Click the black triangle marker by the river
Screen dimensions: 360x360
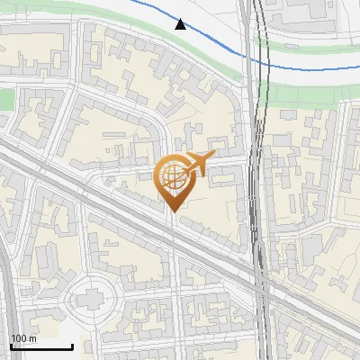click(181, 25)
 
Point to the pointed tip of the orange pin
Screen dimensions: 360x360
click(172, 211)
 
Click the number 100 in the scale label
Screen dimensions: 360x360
click(18, 338)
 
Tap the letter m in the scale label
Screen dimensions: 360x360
click(31, 338)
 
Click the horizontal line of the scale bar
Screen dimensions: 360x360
click(40, 346)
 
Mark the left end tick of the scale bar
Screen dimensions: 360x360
click(11, 345)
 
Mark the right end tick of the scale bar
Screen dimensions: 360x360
click(71, 345)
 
